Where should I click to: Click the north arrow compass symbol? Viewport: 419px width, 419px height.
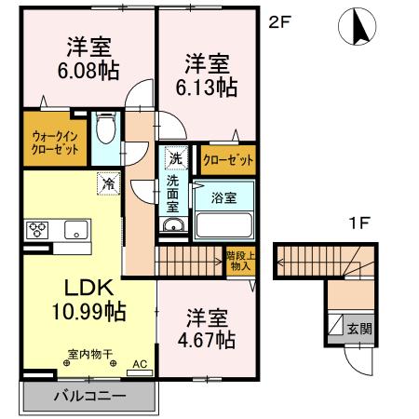pyautogui.click(x=357, y=28)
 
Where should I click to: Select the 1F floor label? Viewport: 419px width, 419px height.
pyautogui.click(x=361, y=223)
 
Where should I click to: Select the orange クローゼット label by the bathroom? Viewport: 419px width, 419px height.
pyautogui.click(x=228, y=160)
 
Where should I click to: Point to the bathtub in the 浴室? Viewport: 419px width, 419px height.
pyautogui.click(x=223, y=224)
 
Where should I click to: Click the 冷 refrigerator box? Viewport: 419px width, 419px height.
pyautogui.click(x=108, y=183)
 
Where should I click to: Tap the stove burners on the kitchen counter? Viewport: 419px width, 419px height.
pyautogui.click(x=38, y=229)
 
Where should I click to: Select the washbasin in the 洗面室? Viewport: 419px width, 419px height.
pyautogui.click(x=173, y=225)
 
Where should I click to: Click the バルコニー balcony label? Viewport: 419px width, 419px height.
pyautogui.click(x=87, y=397)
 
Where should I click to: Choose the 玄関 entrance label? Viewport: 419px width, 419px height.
pyautogui.click(x=359, y=328)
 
